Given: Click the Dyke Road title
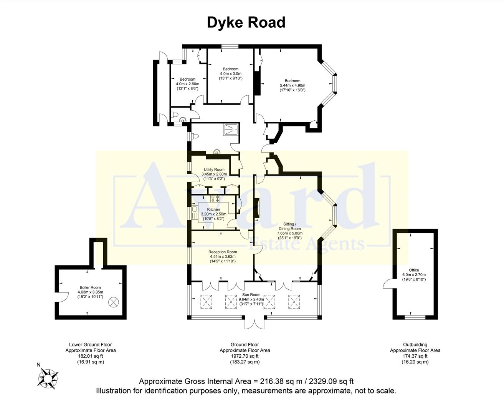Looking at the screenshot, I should tap(246, 22).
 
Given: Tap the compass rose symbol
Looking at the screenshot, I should tap(48, 377).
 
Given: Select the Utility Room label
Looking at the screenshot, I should tap(214, 169).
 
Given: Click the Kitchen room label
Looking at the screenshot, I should tap(213, 209).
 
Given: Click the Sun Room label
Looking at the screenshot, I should tap(251, 295).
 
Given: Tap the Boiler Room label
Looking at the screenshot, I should tap(90, 287).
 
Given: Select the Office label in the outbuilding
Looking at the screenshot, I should tap(414, 270).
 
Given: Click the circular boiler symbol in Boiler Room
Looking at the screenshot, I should tap(114, 302).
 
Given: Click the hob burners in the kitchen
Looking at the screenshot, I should tap(215, 199).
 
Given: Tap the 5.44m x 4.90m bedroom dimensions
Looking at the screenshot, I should tap(292, 85).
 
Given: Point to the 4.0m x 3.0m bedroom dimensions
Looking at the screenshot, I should tap(230, 74).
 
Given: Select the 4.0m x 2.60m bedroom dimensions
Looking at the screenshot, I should tap(187, 84).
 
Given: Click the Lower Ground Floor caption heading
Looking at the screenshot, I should tap(90, 345).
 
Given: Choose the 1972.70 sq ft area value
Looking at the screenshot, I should tap(245, 356).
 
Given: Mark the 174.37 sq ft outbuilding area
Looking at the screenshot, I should tap(415, 356).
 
